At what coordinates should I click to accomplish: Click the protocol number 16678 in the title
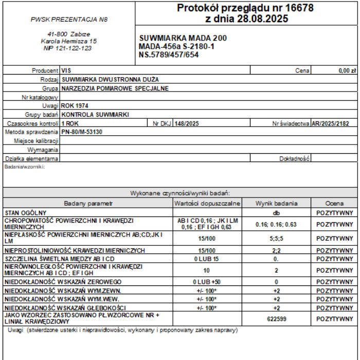(298, 8)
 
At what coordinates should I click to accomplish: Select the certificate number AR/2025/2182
(334, 123)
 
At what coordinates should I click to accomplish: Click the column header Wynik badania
(276, 204)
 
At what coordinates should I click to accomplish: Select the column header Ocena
(334, 204)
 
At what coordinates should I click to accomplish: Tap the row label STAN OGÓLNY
(26, 212)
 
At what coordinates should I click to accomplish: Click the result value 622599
(276, 319)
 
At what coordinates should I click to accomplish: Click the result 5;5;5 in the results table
(276, 239)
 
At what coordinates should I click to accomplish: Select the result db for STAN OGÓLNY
(276, 212)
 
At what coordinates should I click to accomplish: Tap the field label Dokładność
(294, 158)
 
